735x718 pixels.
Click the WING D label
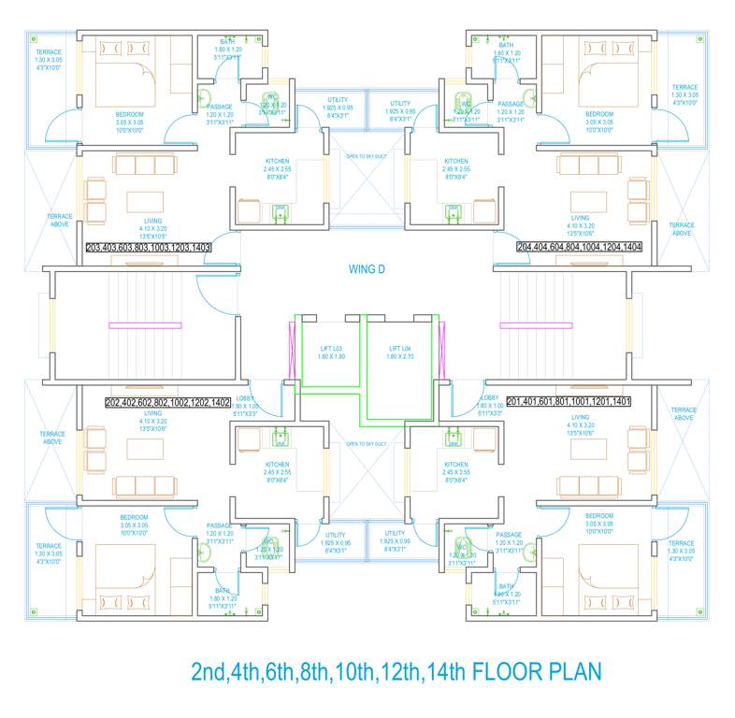367,270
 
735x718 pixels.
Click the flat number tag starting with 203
148,248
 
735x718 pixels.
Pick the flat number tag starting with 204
586,248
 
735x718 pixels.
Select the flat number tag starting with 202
168,402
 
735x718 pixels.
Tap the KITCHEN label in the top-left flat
277,162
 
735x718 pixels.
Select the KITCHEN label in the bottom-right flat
456,465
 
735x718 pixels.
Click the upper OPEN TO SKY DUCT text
367,157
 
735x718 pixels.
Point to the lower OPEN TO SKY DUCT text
367,443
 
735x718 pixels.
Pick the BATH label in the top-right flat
506,45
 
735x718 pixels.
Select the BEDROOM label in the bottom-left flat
133,517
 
